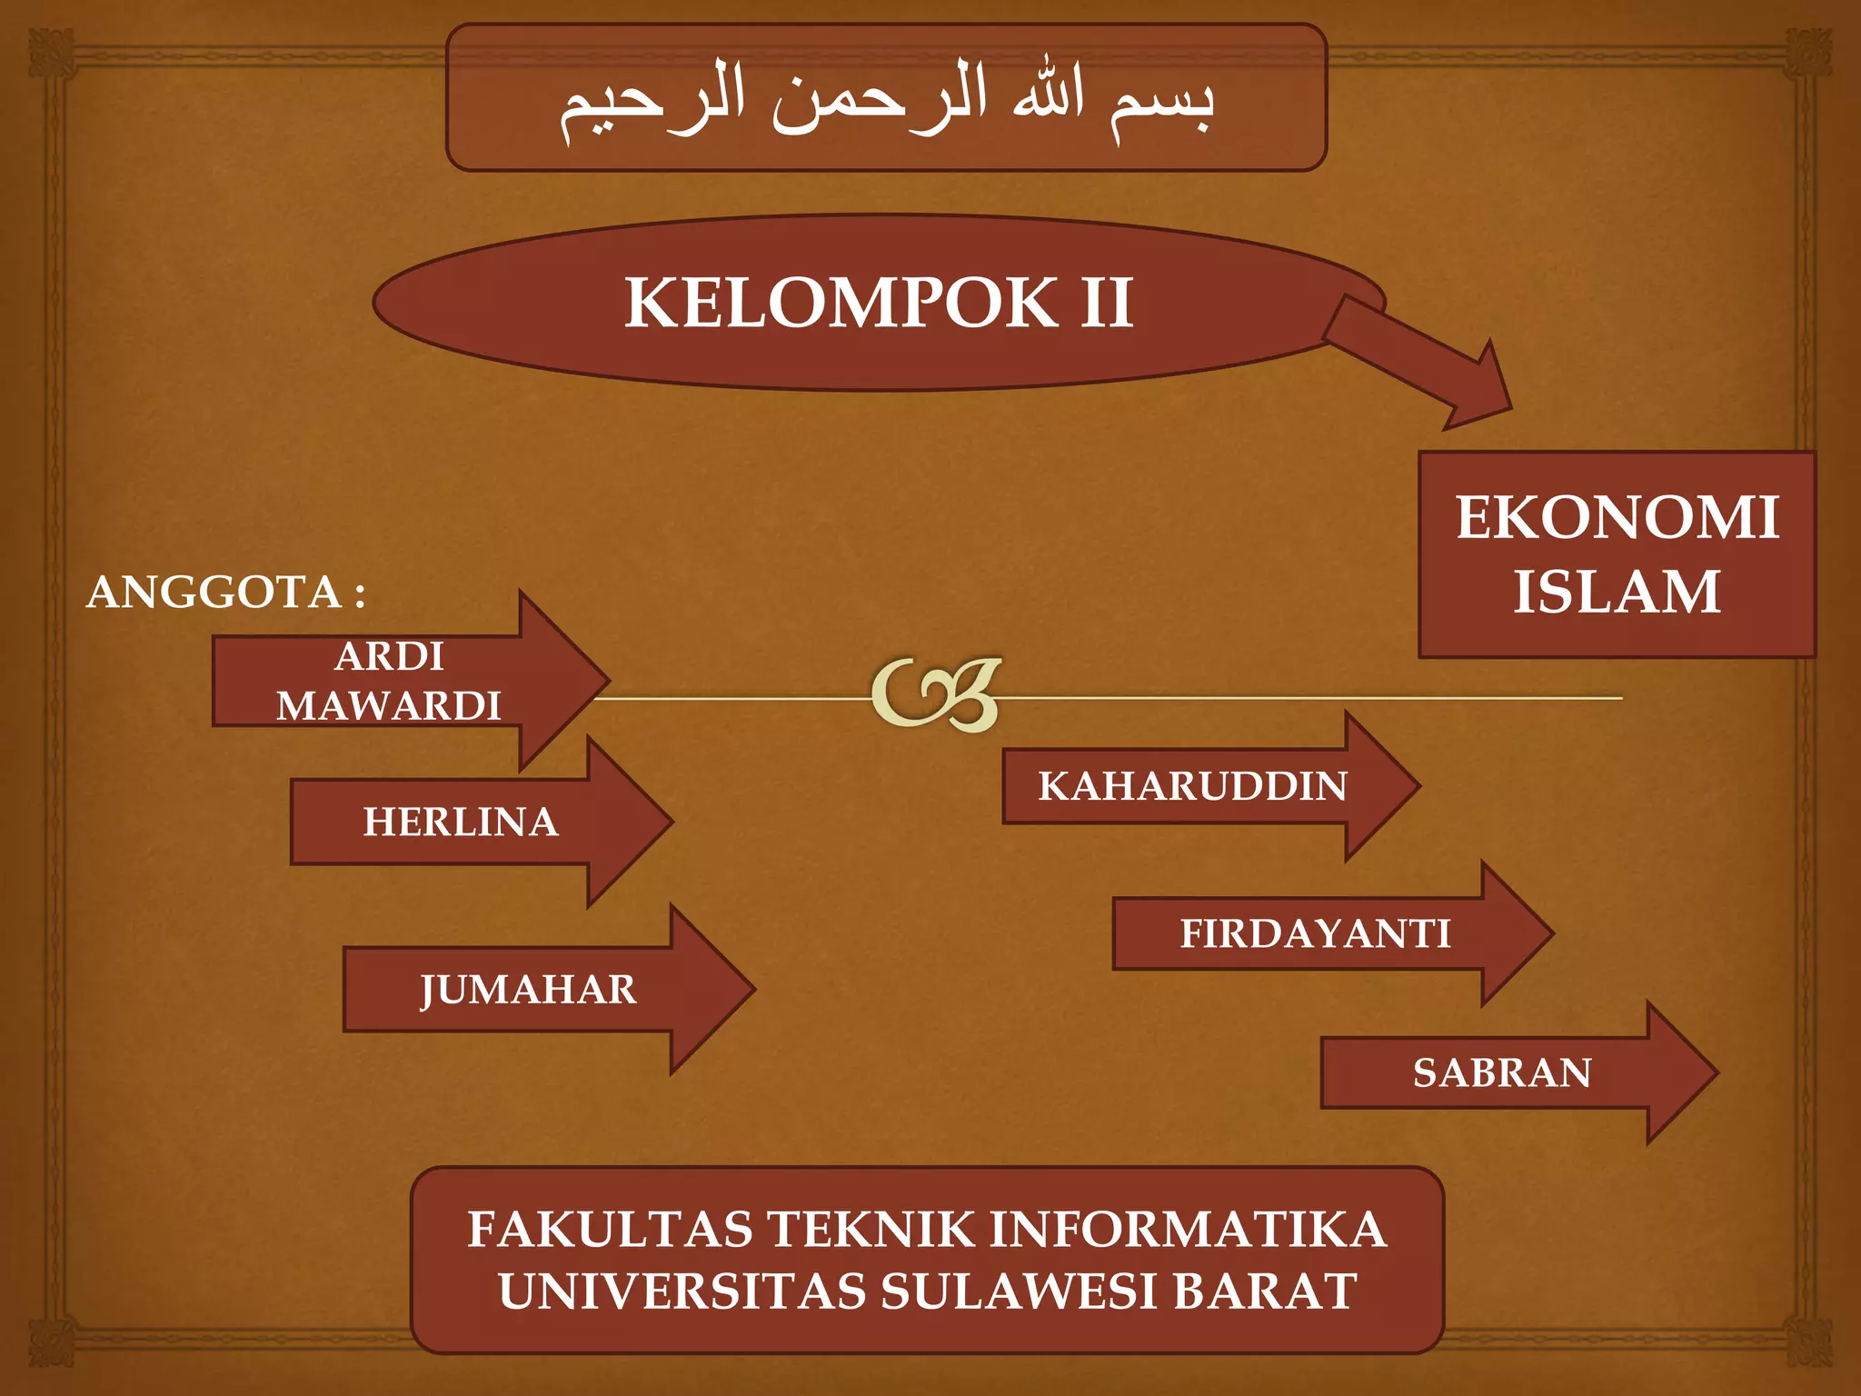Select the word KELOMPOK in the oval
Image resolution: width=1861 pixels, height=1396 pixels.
coord(841,303)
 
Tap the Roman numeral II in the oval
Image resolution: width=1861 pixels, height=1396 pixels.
coord(1106,303)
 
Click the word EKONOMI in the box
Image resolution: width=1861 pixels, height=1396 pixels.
coord(1617,518)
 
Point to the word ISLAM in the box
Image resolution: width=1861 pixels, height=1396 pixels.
coord(1617,592)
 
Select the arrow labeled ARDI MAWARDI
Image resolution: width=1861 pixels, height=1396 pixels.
coord(391,681)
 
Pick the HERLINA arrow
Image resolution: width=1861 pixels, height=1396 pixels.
coord(462,822)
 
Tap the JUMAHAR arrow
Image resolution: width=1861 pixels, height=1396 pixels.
coord(529,990)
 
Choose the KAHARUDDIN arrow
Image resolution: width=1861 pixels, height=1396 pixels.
coord(1192,786)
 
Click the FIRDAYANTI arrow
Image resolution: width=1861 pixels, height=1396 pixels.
coord(1315,934)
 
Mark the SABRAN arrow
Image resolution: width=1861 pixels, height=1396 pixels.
coord(1502,1073)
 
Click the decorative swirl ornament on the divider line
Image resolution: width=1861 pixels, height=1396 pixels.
coord(937,694)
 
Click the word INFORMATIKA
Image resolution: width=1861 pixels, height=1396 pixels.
coord(1188,1230)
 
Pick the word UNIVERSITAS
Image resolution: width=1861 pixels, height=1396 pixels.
coord(682,1291)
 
